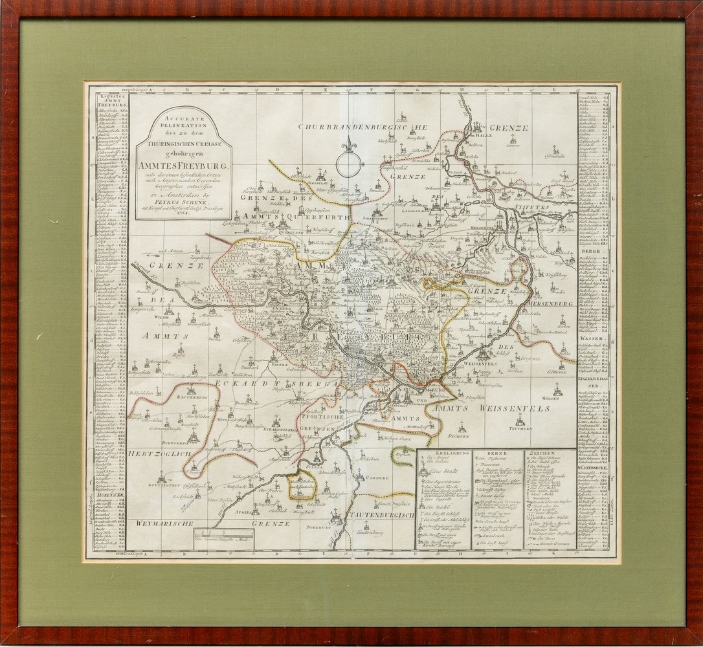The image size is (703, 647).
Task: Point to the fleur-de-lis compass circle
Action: [x=350, y=164]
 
